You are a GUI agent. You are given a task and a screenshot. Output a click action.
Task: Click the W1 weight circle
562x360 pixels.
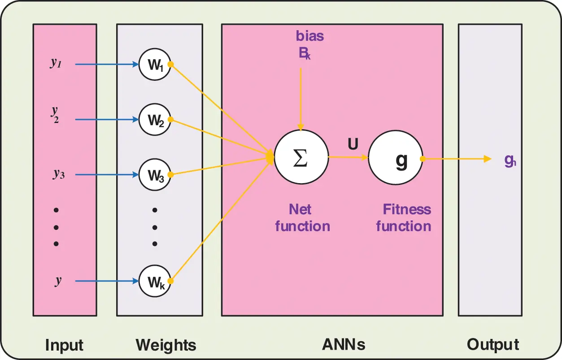coord(155,65)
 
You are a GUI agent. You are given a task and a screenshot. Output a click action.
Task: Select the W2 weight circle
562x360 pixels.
coord(155,120)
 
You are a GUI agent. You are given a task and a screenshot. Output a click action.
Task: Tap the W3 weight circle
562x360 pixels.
coord(155,175)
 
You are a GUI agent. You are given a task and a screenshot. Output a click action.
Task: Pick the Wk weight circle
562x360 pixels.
coord(155,281)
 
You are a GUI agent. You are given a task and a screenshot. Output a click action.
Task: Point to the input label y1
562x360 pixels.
coord(56,63)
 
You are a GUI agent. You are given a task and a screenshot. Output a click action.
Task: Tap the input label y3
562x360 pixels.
coord(57,174)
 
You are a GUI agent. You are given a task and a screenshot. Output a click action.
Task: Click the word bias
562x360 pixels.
coord(310,36)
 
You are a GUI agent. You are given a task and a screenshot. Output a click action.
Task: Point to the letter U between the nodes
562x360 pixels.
coord(353,144)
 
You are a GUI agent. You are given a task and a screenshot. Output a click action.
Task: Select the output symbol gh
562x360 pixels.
coord(510,160)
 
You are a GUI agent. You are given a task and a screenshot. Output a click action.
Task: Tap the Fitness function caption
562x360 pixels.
coord(404,218)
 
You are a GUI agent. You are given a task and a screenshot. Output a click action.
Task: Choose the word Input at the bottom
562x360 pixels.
coord(64,345)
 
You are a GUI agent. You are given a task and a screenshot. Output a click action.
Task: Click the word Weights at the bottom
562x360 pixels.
coord(166,345)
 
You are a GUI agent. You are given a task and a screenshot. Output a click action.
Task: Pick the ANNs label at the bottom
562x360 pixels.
coord(344,345)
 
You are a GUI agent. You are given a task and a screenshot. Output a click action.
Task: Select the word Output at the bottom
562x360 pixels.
coord(493,345)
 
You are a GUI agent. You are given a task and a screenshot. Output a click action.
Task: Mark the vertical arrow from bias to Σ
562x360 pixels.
coord(301,97)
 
